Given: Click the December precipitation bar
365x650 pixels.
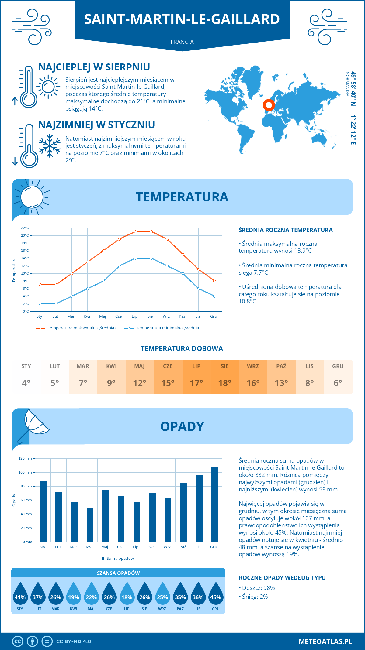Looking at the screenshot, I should point(215,505).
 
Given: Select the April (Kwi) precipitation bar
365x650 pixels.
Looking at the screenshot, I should point(90,525).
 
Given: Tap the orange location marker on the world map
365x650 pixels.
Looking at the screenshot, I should point(269,105).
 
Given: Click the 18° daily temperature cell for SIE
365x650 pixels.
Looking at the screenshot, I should point(224,383).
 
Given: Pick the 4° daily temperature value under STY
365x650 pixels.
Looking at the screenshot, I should point(26,383).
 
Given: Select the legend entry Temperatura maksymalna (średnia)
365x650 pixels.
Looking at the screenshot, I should point(82,328).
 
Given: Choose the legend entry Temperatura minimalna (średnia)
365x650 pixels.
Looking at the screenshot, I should point(168,328).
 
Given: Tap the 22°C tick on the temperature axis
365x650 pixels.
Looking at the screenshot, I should point(25,228).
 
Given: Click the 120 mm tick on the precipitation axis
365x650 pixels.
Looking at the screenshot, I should point(26,458).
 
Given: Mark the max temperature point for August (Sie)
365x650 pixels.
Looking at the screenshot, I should point(151,231).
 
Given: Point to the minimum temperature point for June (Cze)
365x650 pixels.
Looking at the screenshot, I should point(120,266).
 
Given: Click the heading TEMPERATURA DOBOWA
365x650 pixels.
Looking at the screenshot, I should point(182,348).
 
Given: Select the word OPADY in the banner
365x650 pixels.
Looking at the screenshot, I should point(182,426).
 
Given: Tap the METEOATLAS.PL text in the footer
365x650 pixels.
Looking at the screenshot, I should point(325,641).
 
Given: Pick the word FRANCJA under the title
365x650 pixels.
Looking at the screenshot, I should point(182,42).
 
